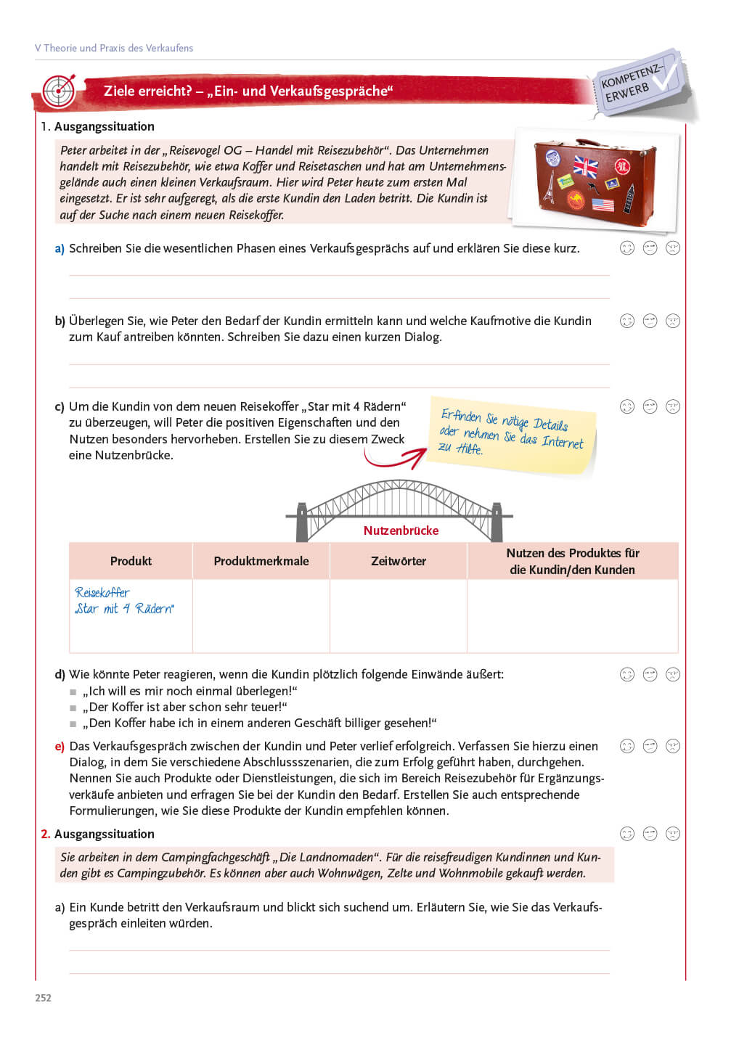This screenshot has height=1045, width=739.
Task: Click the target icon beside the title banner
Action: coord(59,91)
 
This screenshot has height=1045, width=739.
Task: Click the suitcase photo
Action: coord(594,178)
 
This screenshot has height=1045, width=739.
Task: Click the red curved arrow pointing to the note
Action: coord(395,457)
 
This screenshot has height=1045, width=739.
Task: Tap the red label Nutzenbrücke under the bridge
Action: coord(401,530)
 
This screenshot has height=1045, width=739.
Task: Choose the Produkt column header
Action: coord(131,561)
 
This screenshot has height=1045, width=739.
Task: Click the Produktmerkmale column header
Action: coord(261,561)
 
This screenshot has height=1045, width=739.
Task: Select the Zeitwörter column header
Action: coord(399,561)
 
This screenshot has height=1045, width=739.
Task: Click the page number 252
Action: coord(44,998)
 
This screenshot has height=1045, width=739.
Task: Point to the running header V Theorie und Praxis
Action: coord(114,48)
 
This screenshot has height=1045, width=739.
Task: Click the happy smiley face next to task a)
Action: coord(627,248)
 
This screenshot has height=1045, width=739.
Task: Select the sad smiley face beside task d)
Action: coord(673,675)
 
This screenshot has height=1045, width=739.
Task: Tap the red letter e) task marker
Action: coord(60,746)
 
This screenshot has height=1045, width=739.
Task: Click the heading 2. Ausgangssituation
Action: coord(97,834)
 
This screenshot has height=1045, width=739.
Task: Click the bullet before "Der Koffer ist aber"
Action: coord(73,708)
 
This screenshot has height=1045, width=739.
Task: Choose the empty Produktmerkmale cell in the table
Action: coord(261,615)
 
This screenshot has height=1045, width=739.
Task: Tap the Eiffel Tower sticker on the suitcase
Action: coord(550,187)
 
